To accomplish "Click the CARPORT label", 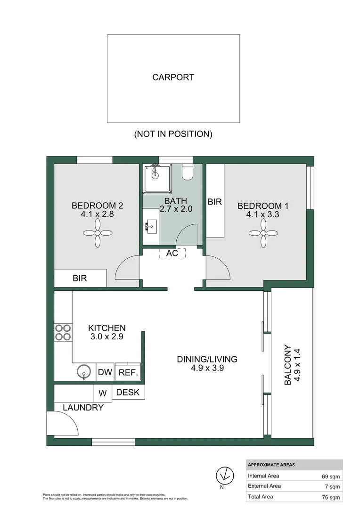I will (x=173, y=77).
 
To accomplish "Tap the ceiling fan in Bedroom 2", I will (x=98, y=233).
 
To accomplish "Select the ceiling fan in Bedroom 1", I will (x=263, y=233).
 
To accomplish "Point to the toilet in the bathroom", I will (x=187, y=173).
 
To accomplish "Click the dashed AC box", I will (x=172, y=253).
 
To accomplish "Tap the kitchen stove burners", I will (x=63, y=332).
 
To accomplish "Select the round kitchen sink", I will (x=83, y=372).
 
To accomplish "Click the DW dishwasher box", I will (x=105, y=372).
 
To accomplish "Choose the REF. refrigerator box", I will (x=128, y=372).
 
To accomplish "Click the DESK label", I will (x=128, y=392).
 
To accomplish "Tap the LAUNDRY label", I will (x=83, y=408).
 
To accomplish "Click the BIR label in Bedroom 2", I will (x=80, y=278).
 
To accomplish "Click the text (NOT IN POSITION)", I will (x=173, y=134).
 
